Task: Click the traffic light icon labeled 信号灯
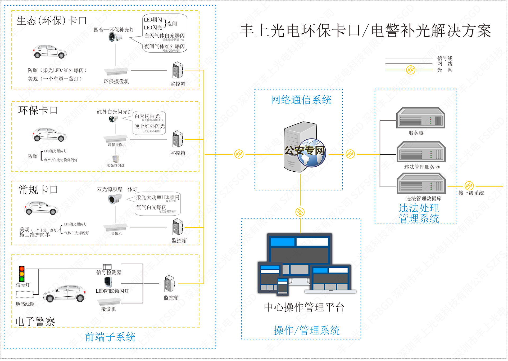click(22, 274)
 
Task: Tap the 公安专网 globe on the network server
click(311, 153)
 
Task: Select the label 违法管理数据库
click(423, 198)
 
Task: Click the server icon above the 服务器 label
click(420, 118)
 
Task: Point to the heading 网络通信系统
click(301, 100)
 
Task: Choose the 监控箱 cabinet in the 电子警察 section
click(169, 284)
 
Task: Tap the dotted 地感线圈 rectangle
click(25, 295)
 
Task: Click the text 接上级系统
click(471, 193)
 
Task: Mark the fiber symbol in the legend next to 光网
click(410, 70)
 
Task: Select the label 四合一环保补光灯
click(114, 30)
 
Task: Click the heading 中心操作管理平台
click(304, 307)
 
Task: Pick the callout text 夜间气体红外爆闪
click(164, 46)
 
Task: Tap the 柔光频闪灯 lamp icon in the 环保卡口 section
click(115, 159)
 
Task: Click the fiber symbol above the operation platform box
click(300, 212)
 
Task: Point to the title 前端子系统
click(110, 337)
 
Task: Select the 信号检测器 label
click(109, 273)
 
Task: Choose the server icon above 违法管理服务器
click(421, 152)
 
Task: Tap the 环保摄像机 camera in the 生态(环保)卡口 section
click(116, 72)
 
